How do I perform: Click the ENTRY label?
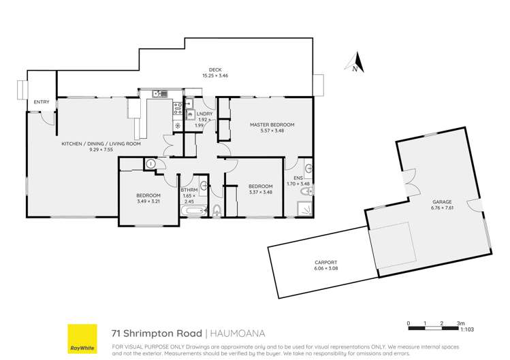42,102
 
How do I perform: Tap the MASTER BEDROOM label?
272,125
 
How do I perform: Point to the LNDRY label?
203,113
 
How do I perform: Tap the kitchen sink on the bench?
159,94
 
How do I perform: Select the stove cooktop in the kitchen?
177,105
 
